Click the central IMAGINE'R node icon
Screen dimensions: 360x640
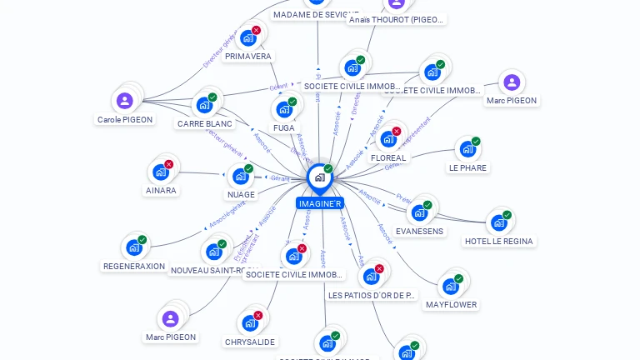click(x=319, y=177)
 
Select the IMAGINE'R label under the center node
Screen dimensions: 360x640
click(x=319, y=203)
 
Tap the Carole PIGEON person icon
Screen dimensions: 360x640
click(x=125, y=101)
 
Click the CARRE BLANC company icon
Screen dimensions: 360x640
click(x=203, y=106)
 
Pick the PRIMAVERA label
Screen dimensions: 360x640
click(x=248, y=57)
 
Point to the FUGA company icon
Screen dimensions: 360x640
click(x=283, y=109)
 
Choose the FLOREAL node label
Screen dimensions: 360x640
click(x=388, y=157)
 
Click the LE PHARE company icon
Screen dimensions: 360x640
click(x=467, y=149)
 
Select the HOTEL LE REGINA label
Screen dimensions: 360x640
click(x=499, y=242)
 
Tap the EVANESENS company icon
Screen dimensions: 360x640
click(x=418, y=212)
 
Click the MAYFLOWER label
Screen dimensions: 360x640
click(x=451, y=305)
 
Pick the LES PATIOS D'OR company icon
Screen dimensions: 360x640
click(x=371, y=277)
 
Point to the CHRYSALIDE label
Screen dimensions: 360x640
click(x=250, y=342)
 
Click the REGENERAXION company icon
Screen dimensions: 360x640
click(x=133, y=247)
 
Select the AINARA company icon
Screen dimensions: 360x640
click(x=160, y=172)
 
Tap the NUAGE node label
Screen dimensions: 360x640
click(x=241, y=195)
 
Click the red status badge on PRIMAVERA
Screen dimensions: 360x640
click(x=256, y=30)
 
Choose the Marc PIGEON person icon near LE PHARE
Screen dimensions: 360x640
click(x=512, y=82)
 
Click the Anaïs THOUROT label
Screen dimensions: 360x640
click(x=397, y=19)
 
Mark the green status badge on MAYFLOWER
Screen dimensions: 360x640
click(x=458, y=278)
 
